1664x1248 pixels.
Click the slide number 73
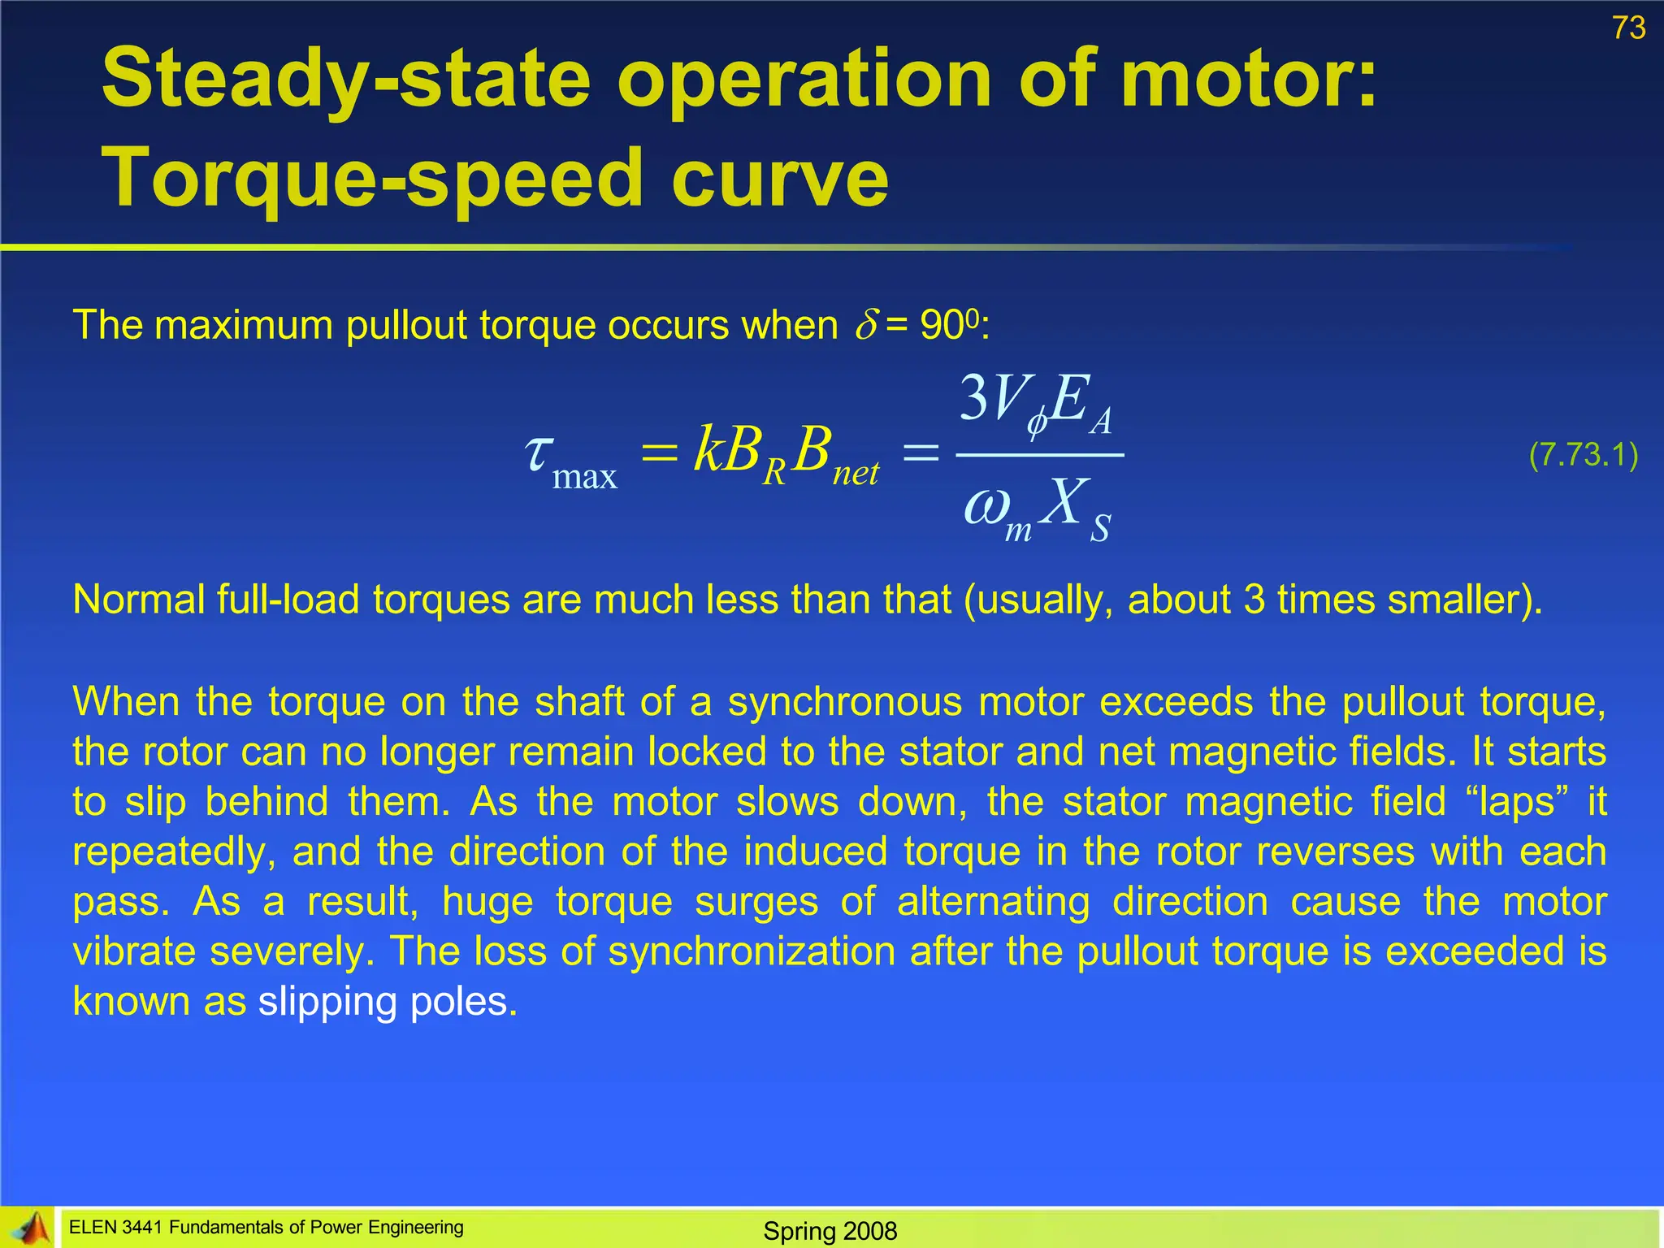click(x=1628, y=28)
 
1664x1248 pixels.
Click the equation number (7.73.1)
click(x=1583, y=455)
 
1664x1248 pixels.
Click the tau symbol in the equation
click(x=538, y=452)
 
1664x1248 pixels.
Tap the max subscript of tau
click(x=585, y=476)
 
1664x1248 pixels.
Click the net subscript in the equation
click(x=856, y=472)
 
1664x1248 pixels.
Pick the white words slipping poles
click(x=388, y=1002)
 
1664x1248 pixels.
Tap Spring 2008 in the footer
click(x=830, y=1231)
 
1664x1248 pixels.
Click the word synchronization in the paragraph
click(x=752, y=951)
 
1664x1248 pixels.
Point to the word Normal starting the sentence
click(x=135, y=600)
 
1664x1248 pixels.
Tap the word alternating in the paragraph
click(x=993, y=902)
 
